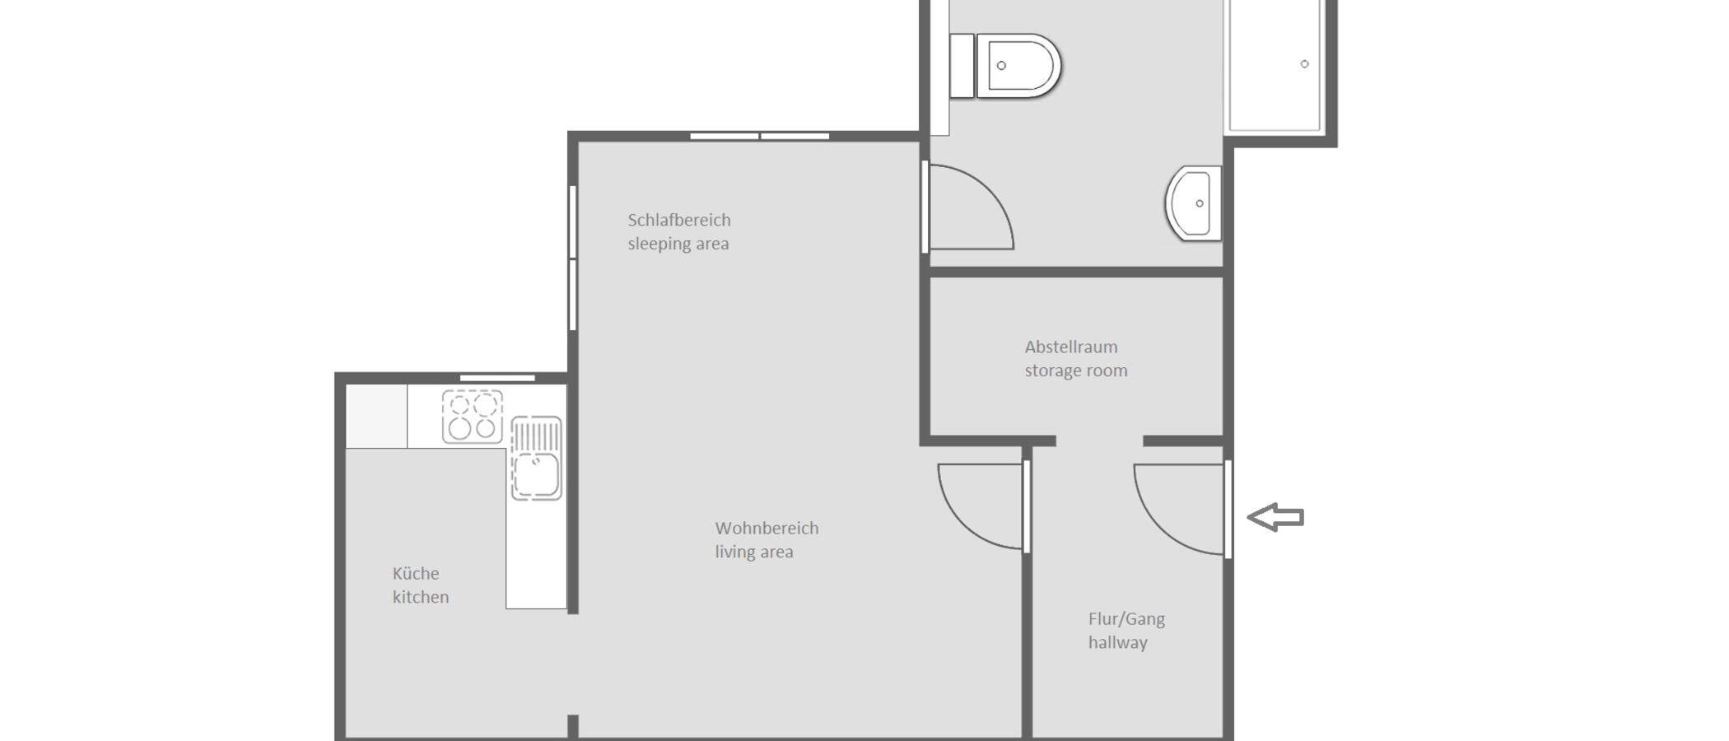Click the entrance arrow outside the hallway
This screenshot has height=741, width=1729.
coord(1275,517)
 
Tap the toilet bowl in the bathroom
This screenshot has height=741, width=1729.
coord(1018,66)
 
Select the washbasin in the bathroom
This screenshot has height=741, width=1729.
coord(1193,203)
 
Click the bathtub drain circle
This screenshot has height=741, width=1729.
coord(1304,64)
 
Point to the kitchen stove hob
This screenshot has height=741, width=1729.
coord(473,417)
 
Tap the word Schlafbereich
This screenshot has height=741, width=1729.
coord(679,220)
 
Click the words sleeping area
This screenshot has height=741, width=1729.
coord(678,244)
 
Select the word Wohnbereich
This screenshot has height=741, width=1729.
coord(767,528)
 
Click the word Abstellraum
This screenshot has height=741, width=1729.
coord(1071,347)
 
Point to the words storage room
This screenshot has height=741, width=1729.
coord(1076,370)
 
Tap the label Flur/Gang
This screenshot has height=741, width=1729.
coord(1126,619)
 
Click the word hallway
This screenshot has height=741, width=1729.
coord(1117,642)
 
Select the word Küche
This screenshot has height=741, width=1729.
coord(416,573)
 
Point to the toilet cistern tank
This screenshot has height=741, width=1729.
coord(962,66)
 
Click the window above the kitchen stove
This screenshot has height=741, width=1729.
coord(497,378)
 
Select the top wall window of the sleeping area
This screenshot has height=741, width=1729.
coord(759,136)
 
